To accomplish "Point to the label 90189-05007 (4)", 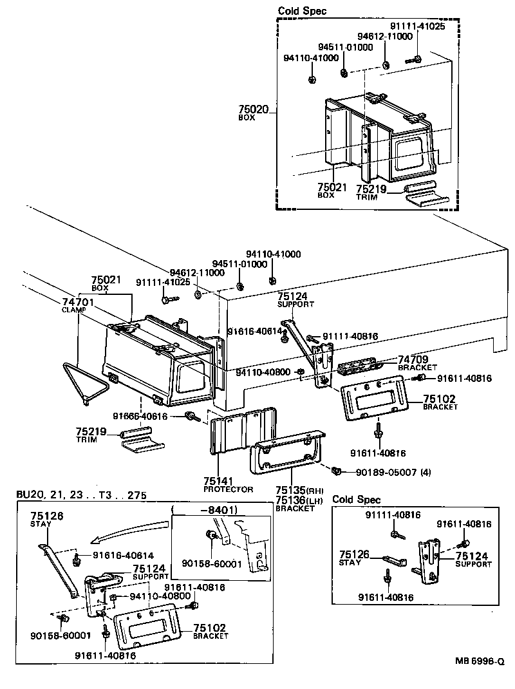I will (393, 473).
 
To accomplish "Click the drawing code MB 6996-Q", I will (480, 660).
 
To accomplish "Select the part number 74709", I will (413, 359).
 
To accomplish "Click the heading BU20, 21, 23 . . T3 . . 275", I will (81, 495).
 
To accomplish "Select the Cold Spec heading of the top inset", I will (302, 11).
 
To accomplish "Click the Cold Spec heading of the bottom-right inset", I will (357, 500).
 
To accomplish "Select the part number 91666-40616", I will (140, 417).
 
